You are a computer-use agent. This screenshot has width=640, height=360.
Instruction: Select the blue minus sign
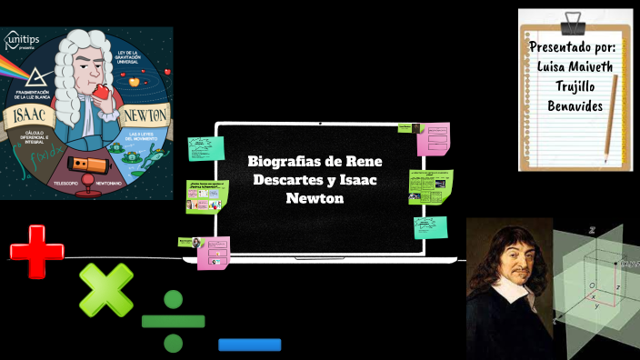tap(249, 345)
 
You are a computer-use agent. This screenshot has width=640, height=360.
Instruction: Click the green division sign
tap(174, 321)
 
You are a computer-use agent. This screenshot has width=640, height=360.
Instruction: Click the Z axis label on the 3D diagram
tap(592, 231)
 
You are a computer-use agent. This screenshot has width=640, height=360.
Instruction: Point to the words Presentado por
tap(572, 47)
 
